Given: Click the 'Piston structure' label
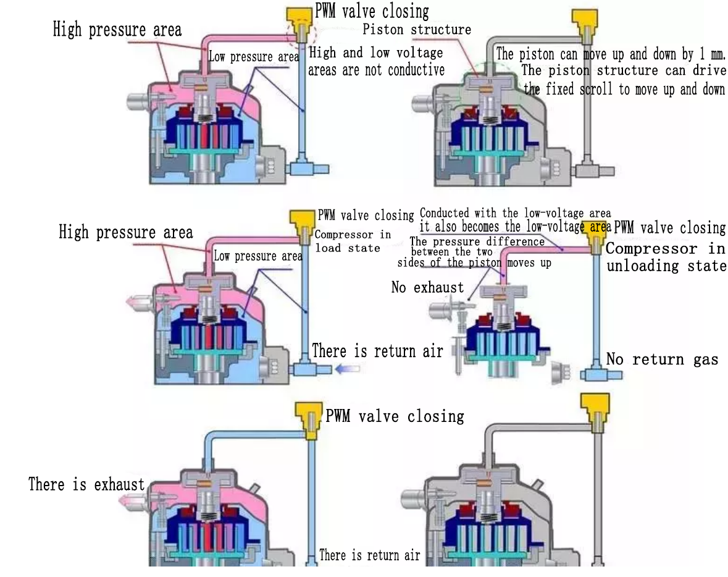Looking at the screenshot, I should [417, 30].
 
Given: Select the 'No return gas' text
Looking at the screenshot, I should [662, 359].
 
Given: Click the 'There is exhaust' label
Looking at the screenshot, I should [86, 484].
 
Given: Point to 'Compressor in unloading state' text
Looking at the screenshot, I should [666, 258].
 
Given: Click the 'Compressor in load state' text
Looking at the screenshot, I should [353, 241].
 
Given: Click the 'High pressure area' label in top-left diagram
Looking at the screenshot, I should [117, 30].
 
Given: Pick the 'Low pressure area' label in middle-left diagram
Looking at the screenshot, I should [257, 256].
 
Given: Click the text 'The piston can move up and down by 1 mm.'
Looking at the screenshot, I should [610, 54].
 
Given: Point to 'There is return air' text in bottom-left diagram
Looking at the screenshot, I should [369, 555].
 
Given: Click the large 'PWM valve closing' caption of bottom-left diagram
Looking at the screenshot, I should [395, 416].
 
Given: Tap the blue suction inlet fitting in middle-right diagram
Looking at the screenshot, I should [596, 374].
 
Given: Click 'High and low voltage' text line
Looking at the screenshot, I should [375, 53].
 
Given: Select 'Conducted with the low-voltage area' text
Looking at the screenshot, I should [515, 214].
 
